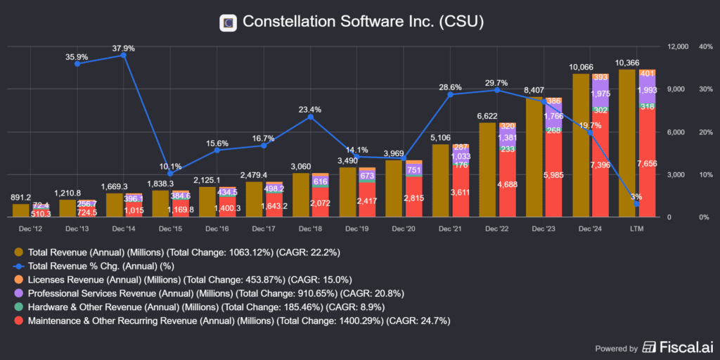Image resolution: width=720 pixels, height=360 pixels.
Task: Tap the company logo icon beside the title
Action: click(x=228, y=22)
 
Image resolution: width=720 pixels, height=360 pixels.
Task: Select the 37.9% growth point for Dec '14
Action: click(x=124, y=56)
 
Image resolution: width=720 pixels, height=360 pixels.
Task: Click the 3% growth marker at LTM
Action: click(x=637, y=204)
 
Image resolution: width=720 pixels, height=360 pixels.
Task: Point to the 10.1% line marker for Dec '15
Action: click(x=170, y=174)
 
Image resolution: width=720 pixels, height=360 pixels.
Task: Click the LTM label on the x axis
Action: click(x=636, y=229)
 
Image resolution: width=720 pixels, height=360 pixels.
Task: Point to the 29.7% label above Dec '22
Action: click(x=497, y=82)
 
